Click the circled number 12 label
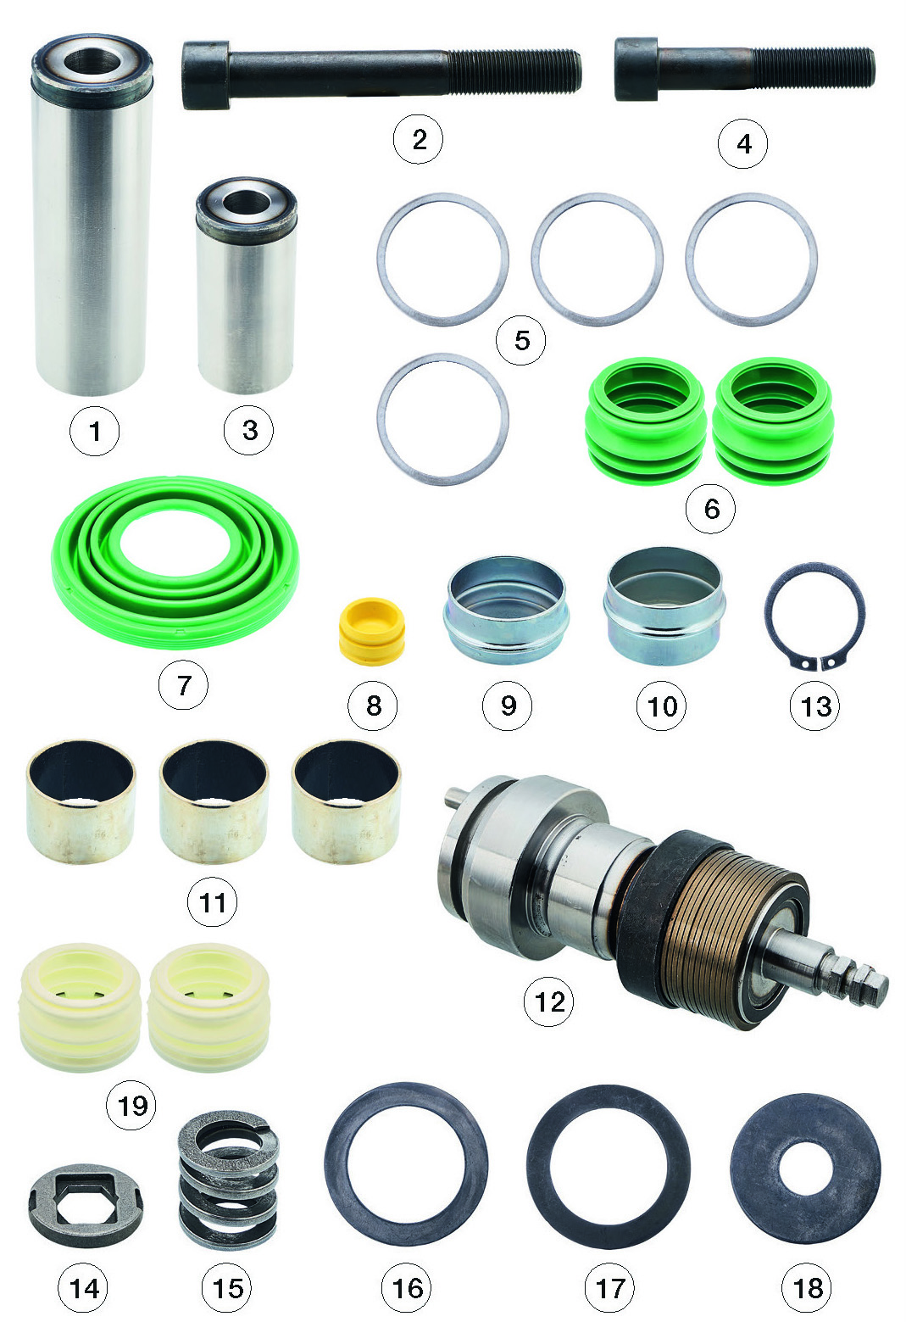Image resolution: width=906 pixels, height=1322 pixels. [x=549, y=1001]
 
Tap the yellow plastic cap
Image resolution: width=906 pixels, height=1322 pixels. [x=372, y=632]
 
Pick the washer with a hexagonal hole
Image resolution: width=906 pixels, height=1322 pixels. [x=86, y=1204]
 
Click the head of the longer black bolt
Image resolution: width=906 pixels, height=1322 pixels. [x=206, y=75]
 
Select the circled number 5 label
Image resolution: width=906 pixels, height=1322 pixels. [x=521, y=340]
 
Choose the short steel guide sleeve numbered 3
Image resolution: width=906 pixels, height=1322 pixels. [x=246, y=285]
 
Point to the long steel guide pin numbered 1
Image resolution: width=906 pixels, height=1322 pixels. [x=92, y=215]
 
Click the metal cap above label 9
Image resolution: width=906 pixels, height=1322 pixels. [x=506, y=611]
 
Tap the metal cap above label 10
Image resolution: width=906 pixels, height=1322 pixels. [x=664, y=605]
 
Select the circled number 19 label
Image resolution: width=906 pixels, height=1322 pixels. [x=131, y=1105]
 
